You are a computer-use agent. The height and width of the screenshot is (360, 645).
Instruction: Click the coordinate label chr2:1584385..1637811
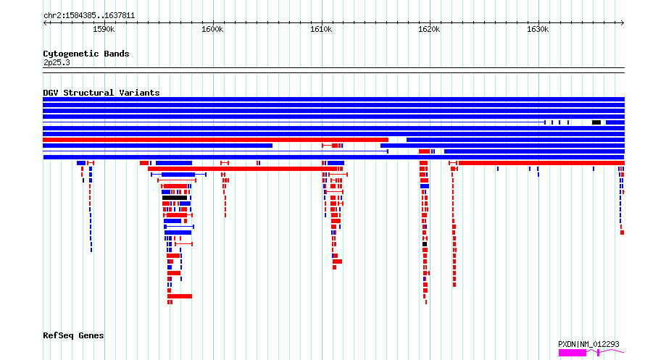[x=89, y=16]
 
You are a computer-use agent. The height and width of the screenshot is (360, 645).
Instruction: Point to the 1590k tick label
[x=104, y=29]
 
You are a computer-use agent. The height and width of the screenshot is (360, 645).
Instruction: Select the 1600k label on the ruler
[x=212, y=29]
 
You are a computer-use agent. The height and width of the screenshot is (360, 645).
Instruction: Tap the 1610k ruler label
[x=321, y=29]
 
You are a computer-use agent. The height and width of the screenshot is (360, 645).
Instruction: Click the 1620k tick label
[x=429, y=29]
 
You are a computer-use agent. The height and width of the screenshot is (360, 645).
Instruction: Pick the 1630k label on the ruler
[x=538, y=29]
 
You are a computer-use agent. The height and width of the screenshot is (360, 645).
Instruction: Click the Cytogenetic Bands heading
[x=86, y=54]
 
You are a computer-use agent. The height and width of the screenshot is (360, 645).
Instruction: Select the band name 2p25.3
[x=57, y=62]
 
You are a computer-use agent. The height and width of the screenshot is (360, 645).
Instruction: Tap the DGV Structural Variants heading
[x=101, y=93]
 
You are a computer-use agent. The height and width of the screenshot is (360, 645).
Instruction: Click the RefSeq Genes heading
[x=73, y=335]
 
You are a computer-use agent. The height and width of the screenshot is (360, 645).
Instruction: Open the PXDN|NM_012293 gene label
[x=588, y=344]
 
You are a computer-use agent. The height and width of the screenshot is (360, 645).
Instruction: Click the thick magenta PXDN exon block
[x=573, y=353]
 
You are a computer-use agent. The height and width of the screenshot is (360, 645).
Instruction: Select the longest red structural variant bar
[x=215, y=140]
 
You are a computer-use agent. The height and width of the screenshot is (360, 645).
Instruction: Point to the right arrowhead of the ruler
[x=623, y=22]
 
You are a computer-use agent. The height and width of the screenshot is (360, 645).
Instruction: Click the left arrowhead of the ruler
[x=45, y=22]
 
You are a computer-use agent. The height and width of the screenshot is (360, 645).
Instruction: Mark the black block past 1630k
[x=596, y=122]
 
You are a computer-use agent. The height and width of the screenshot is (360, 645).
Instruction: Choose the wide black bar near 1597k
[x=175, y=198]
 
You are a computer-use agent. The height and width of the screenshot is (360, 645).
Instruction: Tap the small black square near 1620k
[x=425, y=244]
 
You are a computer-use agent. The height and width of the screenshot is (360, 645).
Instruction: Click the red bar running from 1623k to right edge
[x=542, y=163]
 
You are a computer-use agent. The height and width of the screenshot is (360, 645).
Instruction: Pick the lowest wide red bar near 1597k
[x=180, y=296]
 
